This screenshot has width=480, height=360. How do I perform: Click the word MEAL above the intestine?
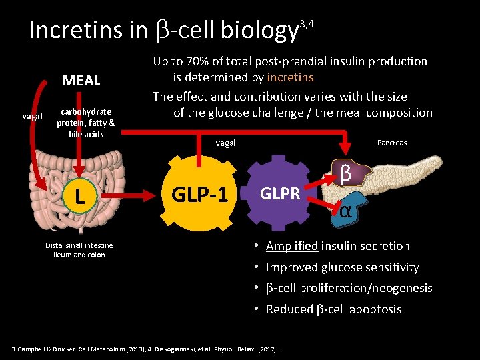81,81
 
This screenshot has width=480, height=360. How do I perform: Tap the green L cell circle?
79,195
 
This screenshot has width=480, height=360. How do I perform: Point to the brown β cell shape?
347,173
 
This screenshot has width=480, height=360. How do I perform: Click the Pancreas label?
392,143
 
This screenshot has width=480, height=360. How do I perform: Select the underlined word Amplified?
291,246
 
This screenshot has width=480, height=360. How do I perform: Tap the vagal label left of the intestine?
32,116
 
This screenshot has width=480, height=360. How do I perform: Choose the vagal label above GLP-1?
225,143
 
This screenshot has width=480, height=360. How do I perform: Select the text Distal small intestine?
79,245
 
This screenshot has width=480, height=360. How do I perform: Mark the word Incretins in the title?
75,30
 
